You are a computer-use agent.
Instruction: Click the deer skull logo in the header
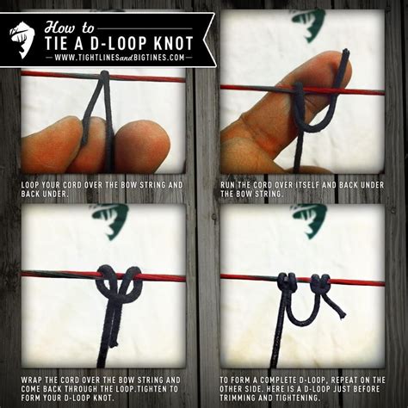(x=22, y=36)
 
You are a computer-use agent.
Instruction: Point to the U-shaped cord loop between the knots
(x=304, y=314)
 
